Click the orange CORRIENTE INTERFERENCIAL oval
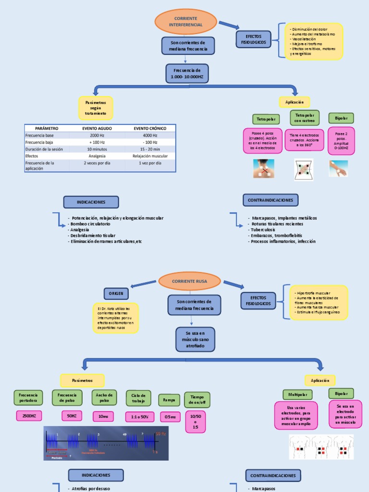185,22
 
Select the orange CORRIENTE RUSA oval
189,281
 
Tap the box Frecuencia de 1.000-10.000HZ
187,74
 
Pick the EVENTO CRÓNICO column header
150,128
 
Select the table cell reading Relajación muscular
150,156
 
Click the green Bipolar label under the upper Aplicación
341,118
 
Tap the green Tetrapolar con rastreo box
305,118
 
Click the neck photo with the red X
264,169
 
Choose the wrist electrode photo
338,168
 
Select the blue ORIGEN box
116,293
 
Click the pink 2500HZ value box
28,416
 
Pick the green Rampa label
169,400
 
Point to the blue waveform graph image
106,443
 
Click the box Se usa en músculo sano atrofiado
192,339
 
